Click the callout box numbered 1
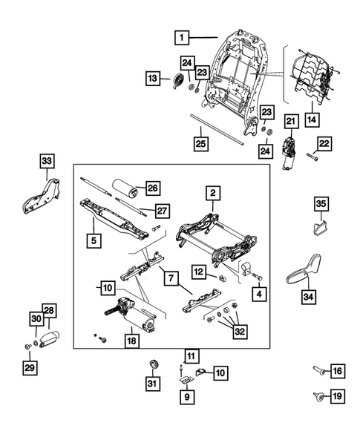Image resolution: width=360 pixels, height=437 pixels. click(182, 35)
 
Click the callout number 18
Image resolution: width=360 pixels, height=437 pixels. click(131, 341)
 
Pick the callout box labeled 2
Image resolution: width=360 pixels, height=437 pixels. click(212, 194)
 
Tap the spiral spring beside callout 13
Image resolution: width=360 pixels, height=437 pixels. click(179, 81)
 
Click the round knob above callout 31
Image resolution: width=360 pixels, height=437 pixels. click(155, 364)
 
